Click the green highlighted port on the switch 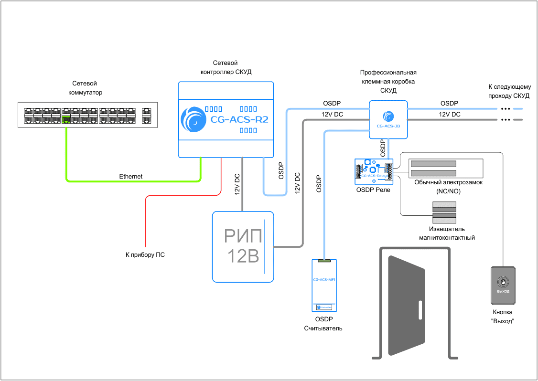pyautogui.click(x=66, y=119)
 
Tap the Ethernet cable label pyautogui.click(x=131, y=177)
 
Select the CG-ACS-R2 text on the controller pyautogui.click(x=239, y=119)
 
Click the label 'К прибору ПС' pyautogui.click(x=145, y=255)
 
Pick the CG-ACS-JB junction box pyautogui.click(x=388, y=120)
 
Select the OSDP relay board pyautogui.click(x=373, y=171)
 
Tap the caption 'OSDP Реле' pyautogui.click(x=373, y=190)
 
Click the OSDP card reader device pyautogui.click(x=324, y=286)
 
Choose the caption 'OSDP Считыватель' pyautogui.click(x=323, y=324)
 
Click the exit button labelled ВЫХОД pyautogui.click(x=503, y=285)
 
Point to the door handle pyautogui.click(x=420, y=310)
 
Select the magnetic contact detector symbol pyautogui.click(x=444, y=212)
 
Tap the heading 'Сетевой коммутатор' pyautogui.click(x=86, y=88)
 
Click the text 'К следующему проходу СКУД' pyautogui.click(x=509, y=91)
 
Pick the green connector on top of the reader pyautogui.click(x=324, y=261)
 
